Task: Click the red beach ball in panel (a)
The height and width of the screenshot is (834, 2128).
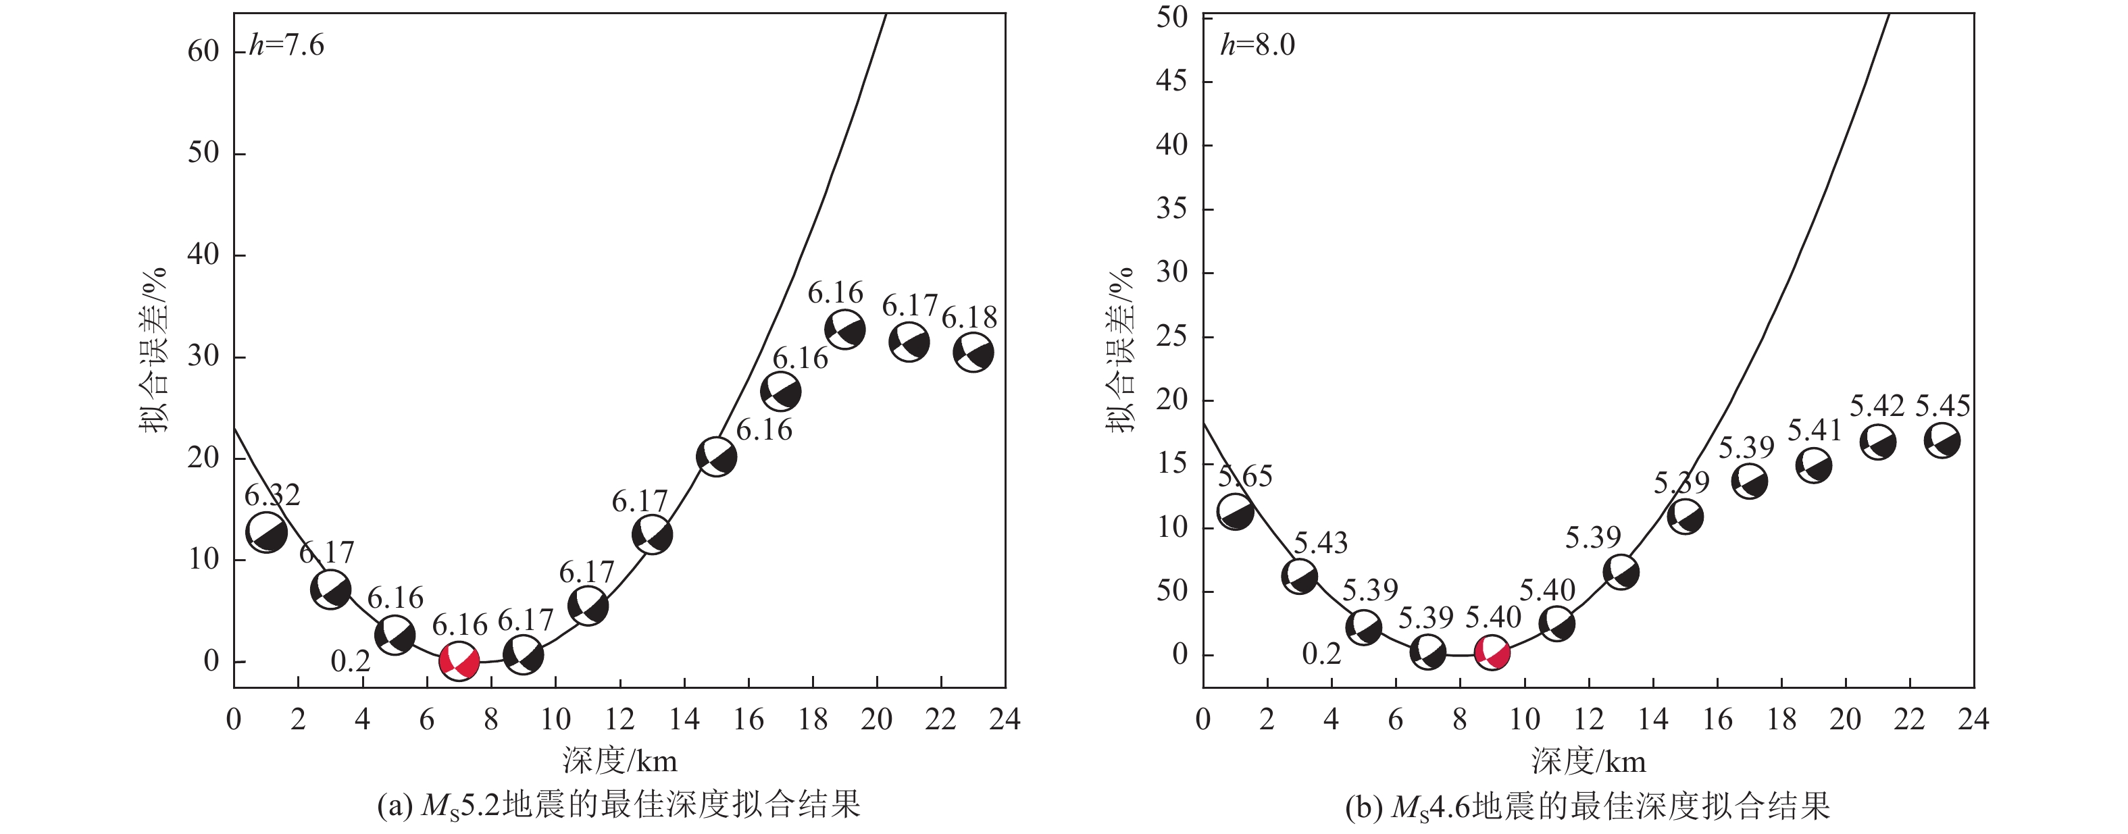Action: [459, 660]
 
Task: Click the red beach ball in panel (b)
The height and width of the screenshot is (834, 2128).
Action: [1492, 652]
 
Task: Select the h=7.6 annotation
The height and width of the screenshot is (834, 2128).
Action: [286, 45]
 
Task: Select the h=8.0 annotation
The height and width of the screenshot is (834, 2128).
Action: [1257, 45]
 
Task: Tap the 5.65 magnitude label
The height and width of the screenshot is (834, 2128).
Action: [1245, 477]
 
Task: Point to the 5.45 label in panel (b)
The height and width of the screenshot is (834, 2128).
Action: [1942, 407]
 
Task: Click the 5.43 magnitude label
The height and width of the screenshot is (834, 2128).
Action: [1320, 544]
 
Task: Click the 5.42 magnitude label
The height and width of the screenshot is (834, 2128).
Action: [1876, 407]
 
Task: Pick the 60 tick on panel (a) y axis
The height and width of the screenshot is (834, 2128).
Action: [203, 52]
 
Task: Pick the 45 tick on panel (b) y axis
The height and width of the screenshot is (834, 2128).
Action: [1171, 81]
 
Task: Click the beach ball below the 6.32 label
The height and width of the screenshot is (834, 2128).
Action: [266, 531]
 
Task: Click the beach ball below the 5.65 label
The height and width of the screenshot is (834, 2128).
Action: [1235, 512]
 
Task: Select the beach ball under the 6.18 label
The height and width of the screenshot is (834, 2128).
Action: [973, 353]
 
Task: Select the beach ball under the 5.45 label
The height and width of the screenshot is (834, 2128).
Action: [1942, 440]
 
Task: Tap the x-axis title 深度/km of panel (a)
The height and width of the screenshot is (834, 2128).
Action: [619, 760]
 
